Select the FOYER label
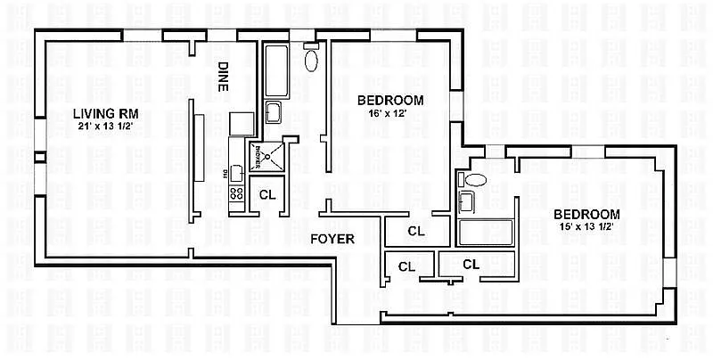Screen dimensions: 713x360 pyautogui.click(x=333, y=239)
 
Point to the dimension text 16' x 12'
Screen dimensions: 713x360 pyautogui.click(x=389, y=114)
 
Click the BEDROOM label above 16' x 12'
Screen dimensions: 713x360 pyautogui.click(x=389, y=100)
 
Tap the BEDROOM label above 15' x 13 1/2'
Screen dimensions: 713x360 pyautogui.click(x=586, y=215)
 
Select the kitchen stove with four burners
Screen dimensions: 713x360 pyautogui.click(x=237, y=192)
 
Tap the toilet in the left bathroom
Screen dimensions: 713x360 pyautogui.click(x=311, y=60)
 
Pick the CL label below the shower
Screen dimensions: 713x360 pyautogui.click(x=266, y=194)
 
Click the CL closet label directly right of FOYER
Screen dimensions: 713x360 pyautogui.click(x=415, y=231)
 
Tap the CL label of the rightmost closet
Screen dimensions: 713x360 pyautogui.click(x=471, y=264)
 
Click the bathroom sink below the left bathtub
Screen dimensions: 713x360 pyautogui.click(x=275, y=111)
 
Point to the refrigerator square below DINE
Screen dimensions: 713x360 pyautogui.click(x=242, y=123)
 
